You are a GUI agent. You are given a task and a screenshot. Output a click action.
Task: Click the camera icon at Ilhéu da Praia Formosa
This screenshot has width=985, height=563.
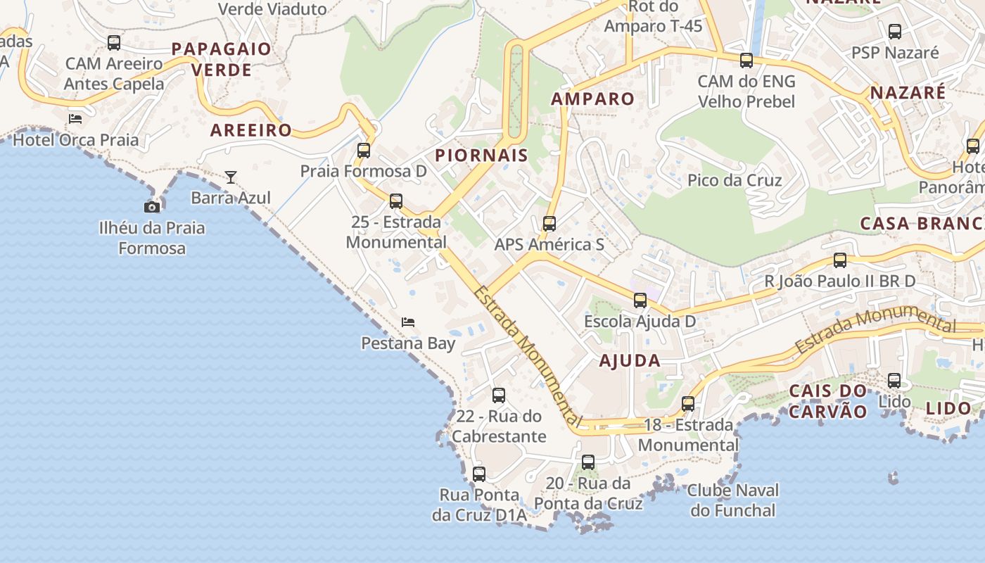[151, 207]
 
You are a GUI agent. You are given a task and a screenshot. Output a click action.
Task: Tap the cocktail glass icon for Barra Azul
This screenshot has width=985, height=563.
[231, 177]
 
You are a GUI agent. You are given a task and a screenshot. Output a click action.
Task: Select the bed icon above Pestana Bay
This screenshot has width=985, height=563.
[408, 322]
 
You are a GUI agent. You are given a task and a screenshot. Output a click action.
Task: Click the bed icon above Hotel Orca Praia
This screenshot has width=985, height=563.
[75, 118]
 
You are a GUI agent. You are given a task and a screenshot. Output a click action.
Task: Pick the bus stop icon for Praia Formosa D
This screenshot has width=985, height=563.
[363, 150]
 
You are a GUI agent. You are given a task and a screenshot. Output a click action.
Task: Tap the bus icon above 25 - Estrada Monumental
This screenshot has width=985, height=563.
[396, 201]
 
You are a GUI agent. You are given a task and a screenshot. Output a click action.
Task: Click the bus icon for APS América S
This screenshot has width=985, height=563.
[549, 224]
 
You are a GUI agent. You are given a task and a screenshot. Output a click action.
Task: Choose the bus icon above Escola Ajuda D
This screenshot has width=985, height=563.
[640, 301]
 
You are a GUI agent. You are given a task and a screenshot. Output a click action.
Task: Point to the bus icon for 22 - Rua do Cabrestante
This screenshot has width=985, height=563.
[499, 396]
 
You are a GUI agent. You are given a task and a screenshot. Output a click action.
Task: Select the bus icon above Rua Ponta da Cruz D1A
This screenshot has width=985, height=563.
[479, 474]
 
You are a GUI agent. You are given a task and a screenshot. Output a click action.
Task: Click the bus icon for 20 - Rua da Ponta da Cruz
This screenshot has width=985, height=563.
[588, 462]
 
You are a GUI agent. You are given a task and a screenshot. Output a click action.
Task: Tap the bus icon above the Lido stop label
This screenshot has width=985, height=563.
[894, 381]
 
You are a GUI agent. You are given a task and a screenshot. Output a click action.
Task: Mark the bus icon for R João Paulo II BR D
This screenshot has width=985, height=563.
[840, 260]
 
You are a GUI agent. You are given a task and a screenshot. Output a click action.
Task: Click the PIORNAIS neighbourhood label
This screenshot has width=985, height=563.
[481, 156]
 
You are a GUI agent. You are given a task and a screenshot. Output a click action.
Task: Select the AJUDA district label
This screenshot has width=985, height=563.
[630, 361]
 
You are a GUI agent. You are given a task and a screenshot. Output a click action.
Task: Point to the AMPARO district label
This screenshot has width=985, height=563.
[592, 99]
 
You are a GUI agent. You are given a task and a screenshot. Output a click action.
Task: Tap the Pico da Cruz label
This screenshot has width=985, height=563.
[735, 180]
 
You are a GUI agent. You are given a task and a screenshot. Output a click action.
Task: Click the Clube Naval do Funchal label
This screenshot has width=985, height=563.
[732, 500]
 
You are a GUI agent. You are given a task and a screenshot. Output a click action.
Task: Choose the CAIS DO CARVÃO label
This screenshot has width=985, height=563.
[828, 401]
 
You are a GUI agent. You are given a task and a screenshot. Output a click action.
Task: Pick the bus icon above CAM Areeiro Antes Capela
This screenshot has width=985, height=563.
[114, 42]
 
